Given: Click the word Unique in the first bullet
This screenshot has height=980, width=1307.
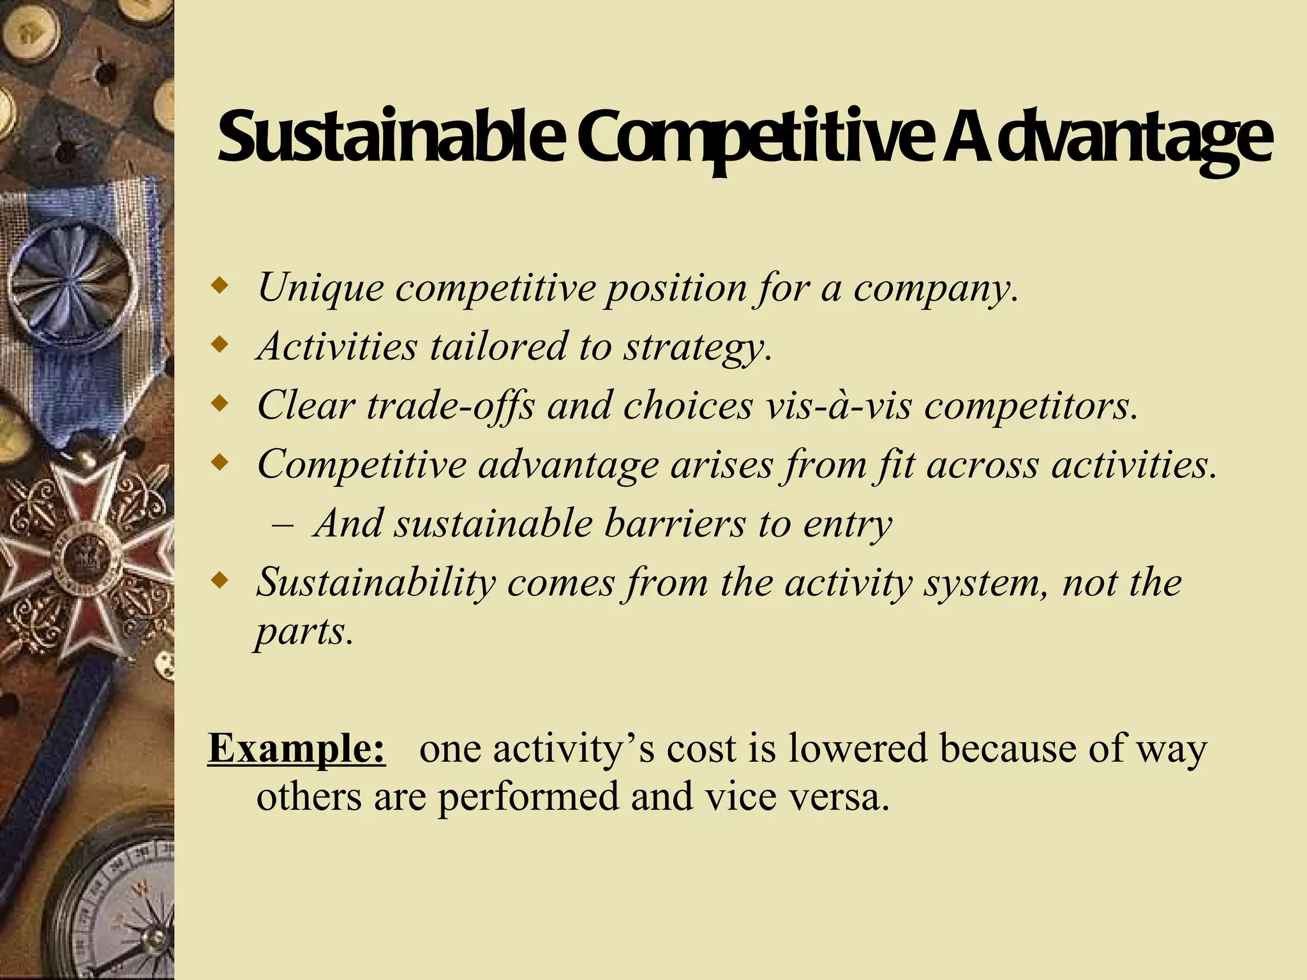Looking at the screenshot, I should (320, 288).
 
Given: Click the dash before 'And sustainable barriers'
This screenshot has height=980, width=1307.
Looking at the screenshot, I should (282, 524).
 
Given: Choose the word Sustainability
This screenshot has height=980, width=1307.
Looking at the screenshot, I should (376, 582).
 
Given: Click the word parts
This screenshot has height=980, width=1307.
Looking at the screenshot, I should (304, 632).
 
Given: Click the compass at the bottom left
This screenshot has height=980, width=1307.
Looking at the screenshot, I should (121, 906).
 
